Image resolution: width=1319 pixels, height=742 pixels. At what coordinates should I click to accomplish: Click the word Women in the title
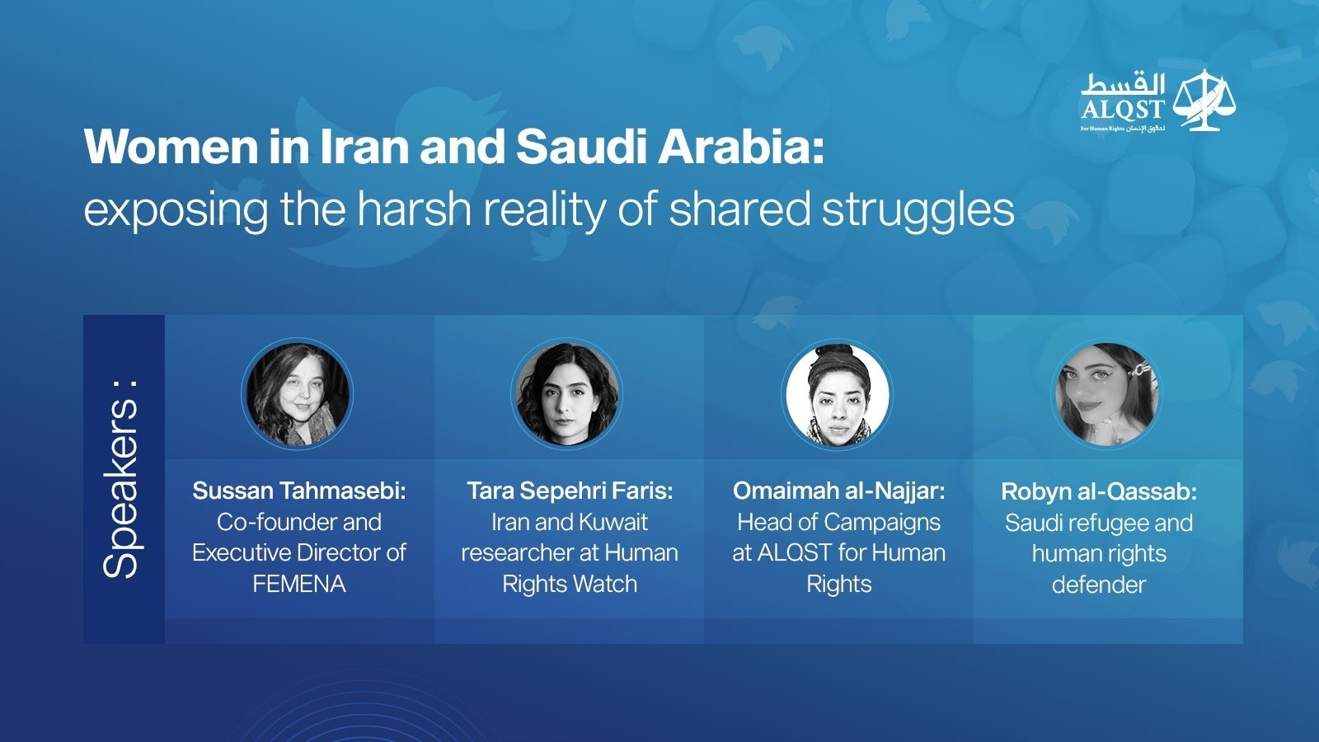(171, 146)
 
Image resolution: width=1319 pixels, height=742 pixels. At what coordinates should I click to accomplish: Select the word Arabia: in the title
(740, 146)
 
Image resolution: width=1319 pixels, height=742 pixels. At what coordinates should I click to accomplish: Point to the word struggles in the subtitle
(918, 211)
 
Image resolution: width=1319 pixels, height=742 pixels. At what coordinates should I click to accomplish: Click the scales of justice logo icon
(1204, 100)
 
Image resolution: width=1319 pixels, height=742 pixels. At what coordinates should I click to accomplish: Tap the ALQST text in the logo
(1122, 109)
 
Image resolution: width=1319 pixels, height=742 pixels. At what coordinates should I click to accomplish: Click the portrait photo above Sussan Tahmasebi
(298, 393)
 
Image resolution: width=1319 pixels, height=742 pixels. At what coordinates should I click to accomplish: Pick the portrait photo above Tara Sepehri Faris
(567, 393)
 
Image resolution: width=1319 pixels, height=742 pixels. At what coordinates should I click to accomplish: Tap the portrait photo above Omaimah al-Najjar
(837, 393)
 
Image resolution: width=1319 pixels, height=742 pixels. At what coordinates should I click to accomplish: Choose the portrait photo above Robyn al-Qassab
(1106, 393)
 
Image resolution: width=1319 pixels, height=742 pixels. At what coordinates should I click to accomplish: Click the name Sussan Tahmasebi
(299, 491)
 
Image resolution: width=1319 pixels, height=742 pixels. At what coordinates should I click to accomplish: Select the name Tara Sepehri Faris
(570, 491)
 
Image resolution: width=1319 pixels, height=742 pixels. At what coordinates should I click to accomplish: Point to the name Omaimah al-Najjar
(839, 491)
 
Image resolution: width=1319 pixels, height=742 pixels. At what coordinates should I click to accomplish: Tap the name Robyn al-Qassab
(1099, 491)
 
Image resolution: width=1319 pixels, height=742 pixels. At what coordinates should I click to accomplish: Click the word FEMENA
(299, 585)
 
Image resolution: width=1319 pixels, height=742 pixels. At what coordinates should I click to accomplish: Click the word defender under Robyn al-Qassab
(1099, 585)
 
